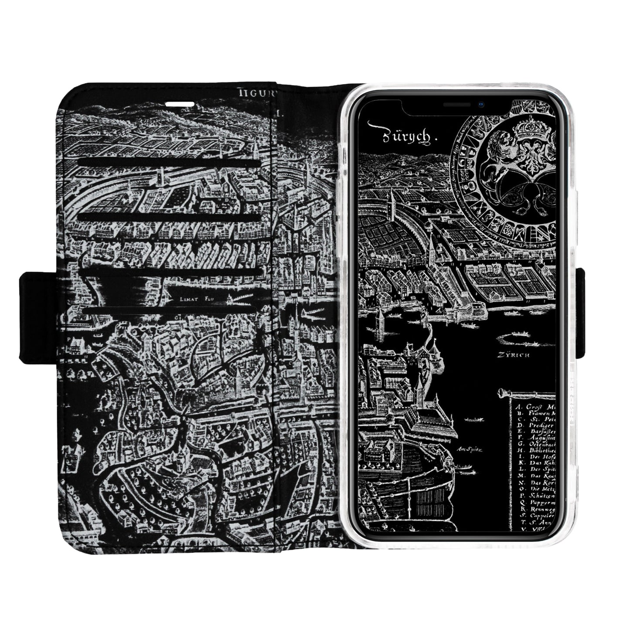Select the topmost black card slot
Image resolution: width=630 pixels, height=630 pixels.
pos(170,163)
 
